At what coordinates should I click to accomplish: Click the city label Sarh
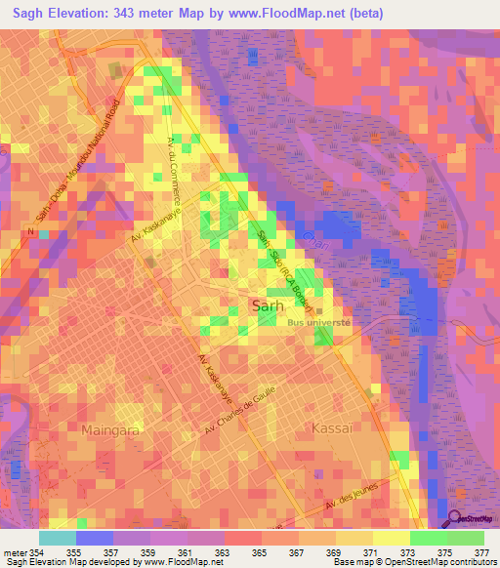(x=270, y=306)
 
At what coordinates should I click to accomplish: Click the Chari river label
(x=311, y=237)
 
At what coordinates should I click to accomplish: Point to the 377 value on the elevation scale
(x=480, y=552)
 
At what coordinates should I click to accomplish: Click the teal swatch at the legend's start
(x=57, y=538)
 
